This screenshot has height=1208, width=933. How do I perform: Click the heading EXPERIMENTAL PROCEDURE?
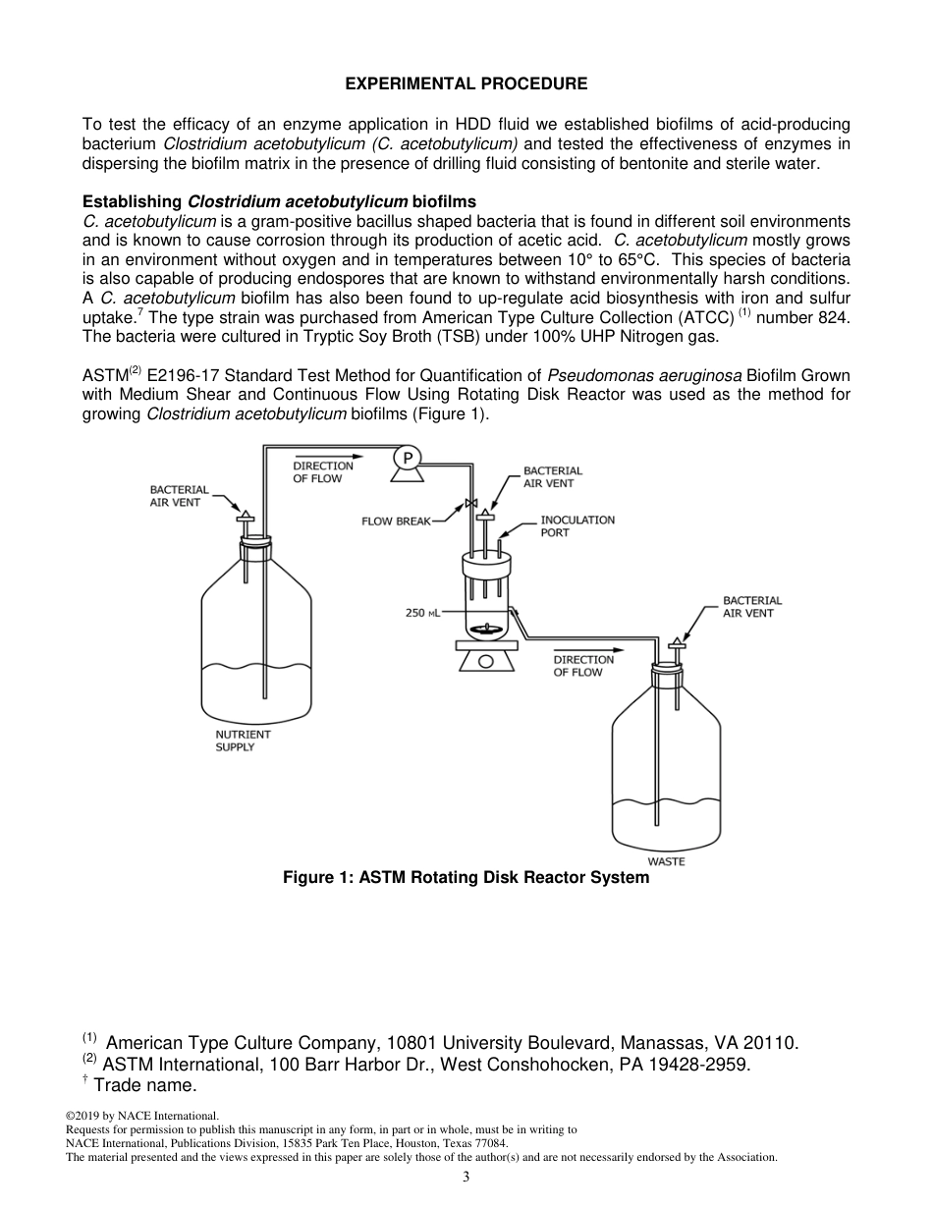[466, 84]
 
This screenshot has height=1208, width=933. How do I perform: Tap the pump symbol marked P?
[406, 458]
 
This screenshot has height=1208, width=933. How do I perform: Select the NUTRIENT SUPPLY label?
[243, 741]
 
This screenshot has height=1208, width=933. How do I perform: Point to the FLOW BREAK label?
[397, 522]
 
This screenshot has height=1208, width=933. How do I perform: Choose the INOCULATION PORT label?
[576, 525]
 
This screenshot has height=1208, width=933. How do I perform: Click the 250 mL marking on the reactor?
[422, 613]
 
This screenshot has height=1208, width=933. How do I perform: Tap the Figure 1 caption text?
[466, 878]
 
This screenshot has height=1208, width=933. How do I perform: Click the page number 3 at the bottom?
[466, 1178]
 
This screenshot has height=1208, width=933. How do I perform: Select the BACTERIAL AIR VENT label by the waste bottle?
[751, 606]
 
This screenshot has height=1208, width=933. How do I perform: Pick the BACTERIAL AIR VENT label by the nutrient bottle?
[179, 495]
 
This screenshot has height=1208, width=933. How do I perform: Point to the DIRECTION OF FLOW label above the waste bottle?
[582, 666]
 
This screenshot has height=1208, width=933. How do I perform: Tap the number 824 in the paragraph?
[831, 316]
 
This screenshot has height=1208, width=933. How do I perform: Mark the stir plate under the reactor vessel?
[485, 659]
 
